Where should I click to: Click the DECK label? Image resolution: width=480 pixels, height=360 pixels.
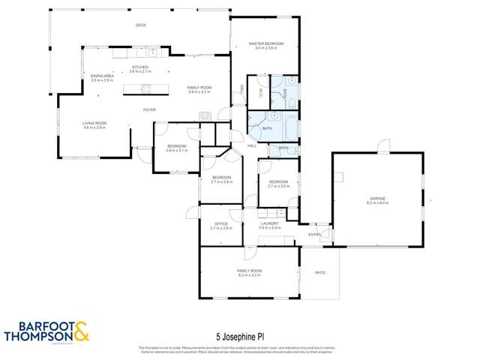pos(140,25)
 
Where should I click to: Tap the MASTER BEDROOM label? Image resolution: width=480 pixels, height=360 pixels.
pos(266,44)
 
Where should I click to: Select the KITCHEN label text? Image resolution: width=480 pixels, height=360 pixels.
pos(139,67)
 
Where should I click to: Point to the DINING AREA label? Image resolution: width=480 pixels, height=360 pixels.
pos(102,76)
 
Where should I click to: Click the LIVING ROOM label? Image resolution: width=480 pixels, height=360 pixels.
pos(94,123)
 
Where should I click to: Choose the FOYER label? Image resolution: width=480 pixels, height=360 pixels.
pos(150,109)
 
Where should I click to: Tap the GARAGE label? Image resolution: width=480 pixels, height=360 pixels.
pos(376,198)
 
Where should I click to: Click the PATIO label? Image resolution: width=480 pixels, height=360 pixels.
pos(319,271)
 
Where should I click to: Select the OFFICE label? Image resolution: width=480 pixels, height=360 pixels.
pos(221,223)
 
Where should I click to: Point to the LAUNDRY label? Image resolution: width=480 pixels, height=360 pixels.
pos(270,223)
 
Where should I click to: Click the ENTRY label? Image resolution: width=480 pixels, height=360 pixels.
pos(314,235)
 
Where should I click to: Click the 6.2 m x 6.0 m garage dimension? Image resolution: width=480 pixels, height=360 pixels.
pos(376,203)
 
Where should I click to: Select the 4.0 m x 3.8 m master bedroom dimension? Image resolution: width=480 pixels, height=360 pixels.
pos(266,49)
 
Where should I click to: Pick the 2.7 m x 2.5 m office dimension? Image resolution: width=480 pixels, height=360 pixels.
pos(221,228)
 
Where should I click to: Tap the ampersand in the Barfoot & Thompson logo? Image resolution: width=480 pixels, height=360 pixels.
pos(80,330)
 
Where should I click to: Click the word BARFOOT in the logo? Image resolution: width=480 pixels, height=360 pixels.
pos(38,325)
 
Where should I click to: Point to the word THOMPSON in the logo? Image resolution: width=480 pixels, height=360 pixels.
pos(38,336)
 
